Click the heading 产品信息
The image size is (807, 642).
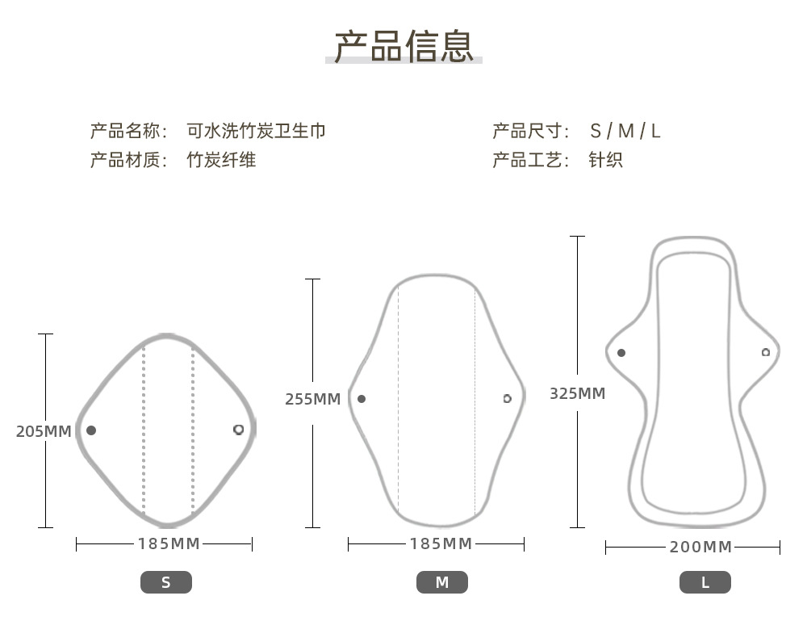coord(403,46)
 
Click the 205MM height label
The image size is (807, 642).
coord(44,431)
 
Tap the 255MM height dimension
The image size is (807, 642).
coord(313,399)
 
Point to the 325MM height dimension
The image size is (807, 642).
coord(578,393)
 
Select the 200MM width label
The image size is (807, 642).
coord(700,547)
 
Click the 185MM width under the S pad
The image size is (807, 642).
coord(169,543)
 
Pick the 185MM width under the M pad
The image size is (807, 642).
coord(441,543)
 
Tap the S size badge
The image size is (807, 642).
coord(166,582)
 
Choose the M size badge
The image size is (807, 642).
coord(442,582)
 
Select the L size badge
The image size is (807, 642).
coord(705,582)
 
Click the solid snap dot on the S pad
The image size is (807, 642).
coord(91,430)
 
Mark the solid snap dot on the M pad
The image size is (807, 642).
coord(362,399)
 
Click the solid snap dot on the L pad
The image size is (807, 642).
coord(621,353)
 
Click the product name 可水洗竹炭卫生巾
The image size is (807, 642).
coord(256,131)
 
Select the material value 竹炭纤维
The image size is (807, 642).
coord(221,160)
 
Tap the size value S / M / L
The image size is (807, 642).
coord(625,132)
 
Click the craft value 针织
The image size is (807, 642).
coord(606,160)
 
